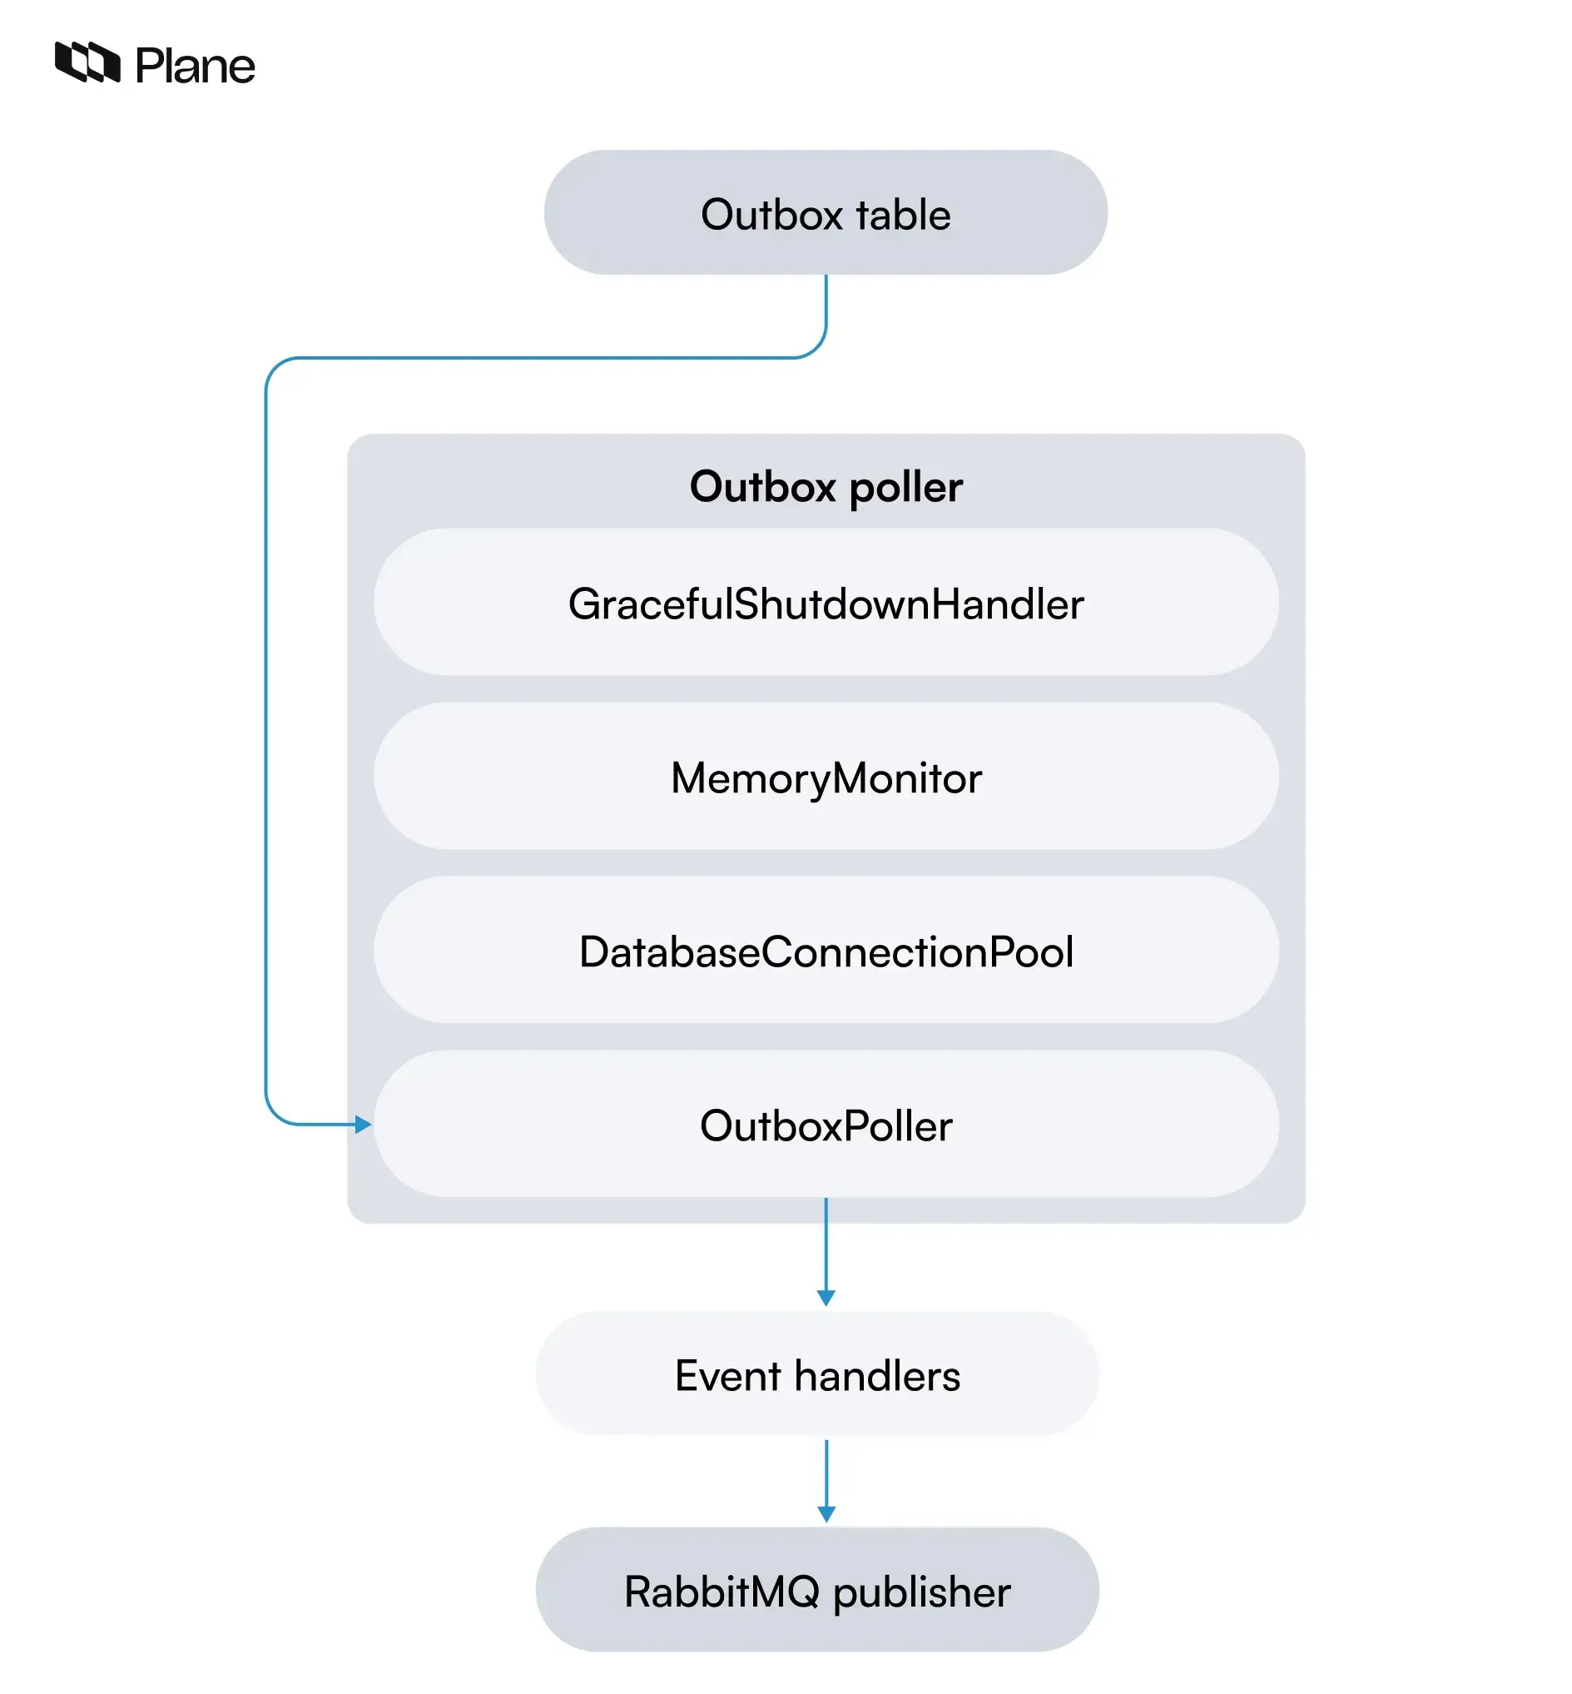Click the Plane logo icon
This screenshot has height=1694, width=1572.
click(x=87, y=62)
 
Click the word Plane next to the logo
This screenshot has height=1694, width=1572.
click(x=195, y=67)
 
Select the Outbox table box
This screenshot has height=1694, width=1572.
click(x=826, y=213)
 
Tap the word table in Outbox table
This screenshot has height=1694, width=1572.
click(x=903, y=215)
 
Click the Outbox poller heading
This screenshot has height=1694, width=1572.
click(x=826, y=487)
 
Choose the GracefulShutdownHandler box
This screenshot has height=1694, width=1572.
click(x=826, y=604)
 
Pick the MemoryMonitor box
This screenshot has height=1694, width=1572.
click(x=826, y=777)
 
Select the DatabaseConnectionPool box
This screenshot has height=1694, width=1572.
click(x=826, y=951)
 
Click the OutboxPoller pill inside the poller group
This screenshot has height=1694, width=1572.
click(x=826, y=1124)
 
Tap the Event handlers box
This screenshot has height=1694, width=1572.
click(x=816, y=1374)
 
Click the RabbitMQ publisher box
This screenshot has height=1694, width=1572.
click(x=816, y=1589)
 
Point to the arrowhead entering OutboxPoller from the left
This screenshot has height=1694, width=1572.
click(x=363, y=1124)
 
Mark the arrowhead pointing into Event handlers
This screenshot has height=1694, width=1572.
click(x=826, y=1297)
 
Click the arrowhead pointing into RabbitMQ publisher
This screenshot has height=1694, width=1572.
click(x=826, y=1513)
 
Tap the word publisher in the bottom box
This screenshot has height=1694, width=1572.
click(x=921, y=1591)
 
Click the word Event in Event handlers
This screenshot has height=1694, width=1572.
click(x=727, y=1375)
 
